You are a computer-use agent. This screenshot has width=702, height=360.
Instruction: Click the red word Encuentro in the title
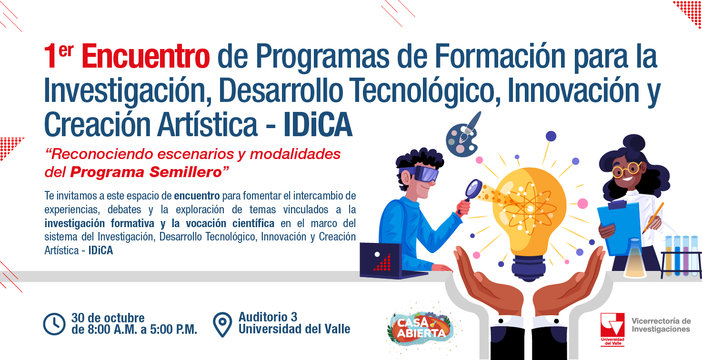point(146,56)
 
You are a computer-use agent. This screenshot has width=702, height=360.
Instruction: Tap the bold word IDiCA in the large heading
point(318,125)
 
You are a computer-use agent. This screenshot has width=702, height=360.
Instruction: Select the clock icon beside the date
point(54,324)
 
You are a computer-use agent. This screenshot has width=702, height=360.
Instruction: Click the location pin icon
point(222,324)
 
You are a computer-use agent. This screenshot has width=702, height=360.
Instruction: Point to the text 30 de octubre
point(108,318)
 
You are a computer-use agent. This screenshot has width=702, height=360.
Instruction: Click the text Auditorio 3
point(268,317)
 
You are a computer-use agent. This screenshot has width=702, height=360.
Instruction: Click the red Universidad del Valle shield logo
point(612,329)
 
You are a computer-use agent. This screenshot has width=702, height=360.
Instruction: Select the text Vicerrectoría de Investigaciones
point(661,325)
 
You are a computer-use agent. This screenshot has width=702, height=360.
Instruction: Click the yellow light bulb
point(529,220)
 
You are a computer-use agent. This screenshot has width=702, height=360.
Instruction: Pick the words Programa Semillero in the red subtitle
point(146,172)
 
